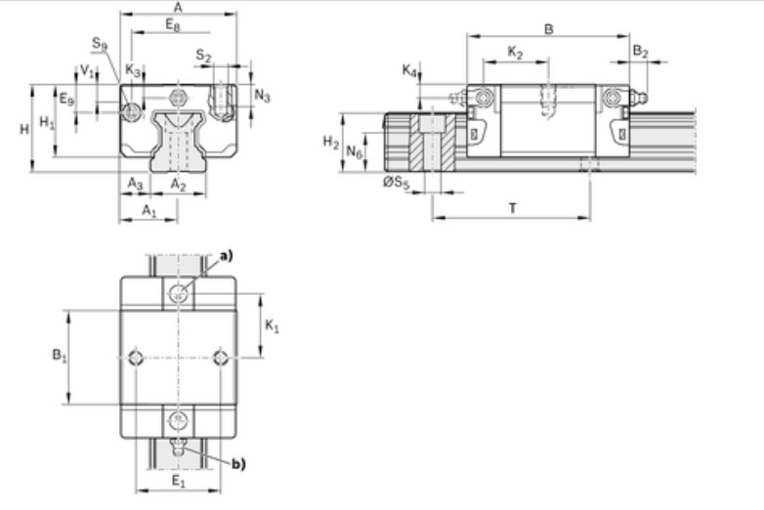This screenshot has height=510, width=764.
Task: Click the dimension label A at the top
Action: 178,7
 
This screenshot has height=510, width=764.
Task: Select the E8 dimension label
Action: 173,24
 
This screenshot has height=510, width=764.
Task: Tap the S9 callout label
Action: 100,43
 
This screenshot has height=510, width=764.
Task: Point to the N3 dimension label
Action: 262,96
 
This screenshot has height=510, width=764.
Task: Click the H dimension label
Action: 23,129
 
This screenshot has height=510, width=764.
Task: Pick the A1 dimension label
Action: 149,211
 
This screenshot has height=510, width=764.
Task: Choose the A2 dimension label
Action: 178,184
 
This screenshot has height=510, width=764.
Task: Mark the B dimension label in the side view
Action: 549,29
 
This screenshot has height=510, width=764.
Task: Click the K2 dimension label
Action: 515,52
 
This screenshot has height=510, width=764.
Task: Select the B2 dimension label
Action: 640,51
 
